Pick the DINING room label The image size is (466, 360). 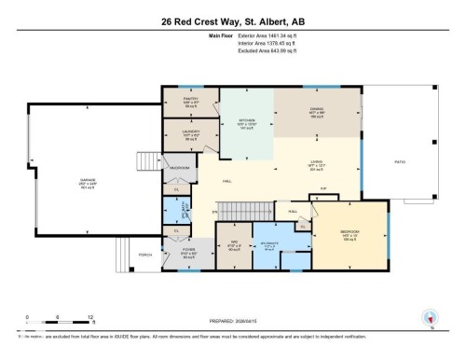(317, 112)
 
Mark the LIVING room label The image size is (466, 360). (317, 163)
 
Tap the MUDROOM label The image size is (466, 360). (179, 168)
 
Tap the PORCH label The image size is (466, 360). (144, 254)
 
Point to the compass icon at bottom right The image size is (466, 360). (430, 318)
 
